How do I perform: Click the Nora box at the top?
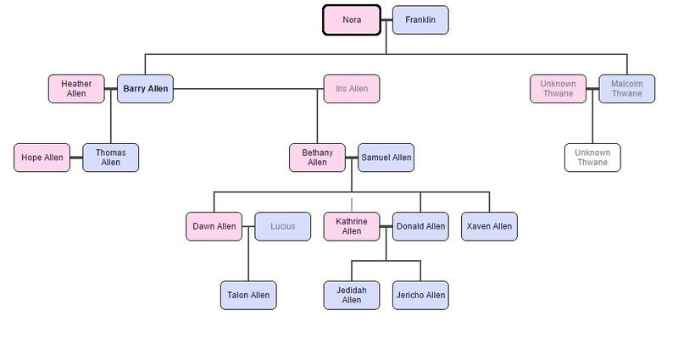click(x=352, y=20)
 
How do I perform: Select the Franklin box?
click(x=420, y=20)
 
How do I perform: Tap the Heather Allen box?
click(x=76, y=89)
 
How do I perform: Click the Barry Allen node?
click(x=145, y=89)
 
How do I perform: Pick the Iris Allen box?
click(x=352, y=89)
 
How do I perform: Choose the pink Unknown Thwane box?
click(x=558, y=89)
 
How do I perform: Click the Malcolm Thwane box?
click(x=627, y=89)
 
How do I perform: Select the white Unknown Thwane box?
click(x=592, y=158)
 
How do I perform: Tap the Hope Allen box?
click(x=42, y=158)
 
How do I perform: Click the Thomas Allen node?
click(x=110, y=158)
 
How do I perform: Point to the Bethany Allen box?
click(x=317, y=158)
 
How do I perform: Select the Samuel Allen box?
click(x=386, y=158)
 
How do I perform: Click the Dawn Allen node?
click(x=214, y=226)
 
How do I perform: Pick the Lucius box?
click(x=283, y=226)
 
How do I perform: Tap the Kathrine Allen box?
click(x=352, y=226)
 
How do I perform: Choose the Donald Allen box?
click(x=420, y=226)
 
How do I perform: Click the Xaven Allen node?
click(x=489, y=226)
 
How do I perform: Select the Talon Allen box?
click(x=248, y=295)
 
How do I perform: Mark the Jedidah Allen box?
click(x=352, y=295)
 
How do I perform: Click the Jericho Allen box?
click(x=420, y=295)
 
